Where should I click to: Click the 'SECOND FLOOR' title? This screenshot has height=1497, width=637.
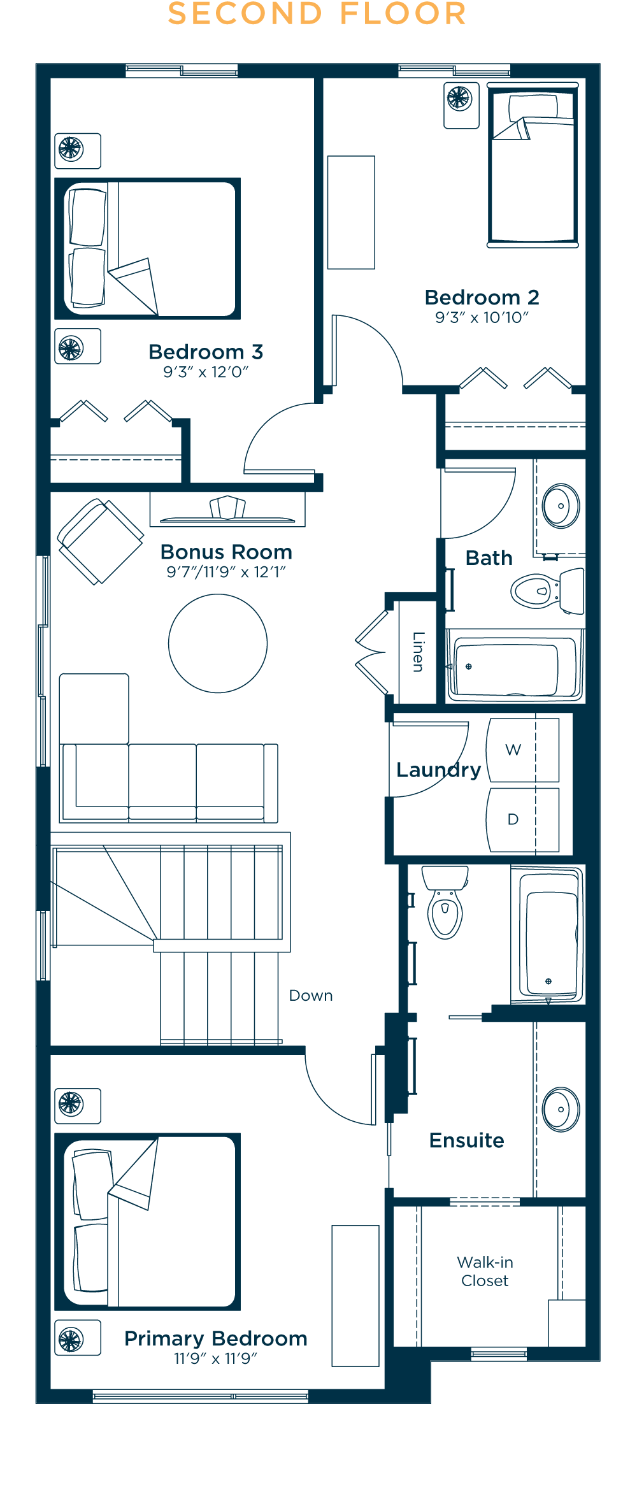point(317,14)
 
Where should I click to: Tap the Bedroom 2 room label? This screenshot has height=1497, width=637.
point(482,297)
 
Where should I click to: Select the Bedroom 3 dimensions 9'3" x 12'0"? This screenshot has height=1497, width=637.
point(206,372)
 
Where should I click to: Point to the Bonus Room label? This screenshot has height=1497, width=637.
point(226,552)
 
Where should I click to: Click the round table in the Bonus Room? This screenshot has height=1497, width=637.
point(218,643)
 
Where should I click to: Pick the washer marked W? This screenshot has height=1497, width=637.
point(523,750)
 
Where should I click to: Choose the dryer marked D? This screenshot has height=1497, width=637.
point(523,820)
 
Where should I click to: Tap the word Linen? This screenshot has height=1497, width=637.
point(418,652)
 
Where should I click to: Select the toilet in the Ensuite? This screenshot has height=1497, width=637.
point(445,902)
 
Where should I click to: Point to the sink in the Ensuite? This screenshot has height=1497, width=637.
point(561,1109)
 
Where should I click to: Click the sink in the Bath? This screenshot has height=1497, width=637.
point(561,506)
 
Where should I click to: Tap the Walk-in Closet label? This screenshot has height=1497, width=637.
point(485,1271)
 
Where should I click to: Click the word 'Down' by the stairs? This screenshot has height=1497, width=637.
point(311,996)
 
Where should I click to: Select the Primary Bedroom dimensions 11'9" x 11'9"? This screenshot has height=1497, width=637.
point(215,1359)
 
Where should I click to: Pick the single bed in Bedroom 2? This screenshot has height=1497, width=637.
point(533,166)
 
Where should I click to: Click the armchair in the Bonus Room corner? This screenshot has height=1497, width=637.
point(100,541)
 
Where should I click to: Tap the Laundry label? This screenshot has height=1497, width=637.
point(439,770)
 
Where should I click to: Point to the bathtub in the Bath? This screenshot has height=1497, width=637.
point(515,666)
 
